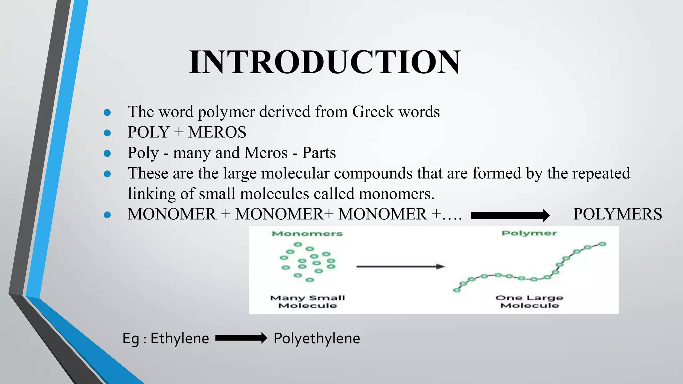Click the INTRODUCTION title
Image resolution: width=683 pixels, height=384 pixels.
[x=325, y=62]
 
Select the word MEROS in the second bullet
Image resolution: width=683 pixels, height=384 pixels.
[x=217, y=132]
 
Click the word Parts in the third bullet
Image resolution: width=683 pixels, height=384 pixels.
[x=319, y=153]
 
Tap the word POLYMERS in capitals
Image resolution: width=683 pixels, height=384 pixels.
[x=618, y=214]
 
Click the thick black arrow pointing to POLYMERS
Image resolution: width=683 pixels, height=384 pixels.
[x=510, y=216]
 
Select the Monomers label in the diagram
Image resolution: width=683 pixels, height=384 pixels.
[x=307, y=234]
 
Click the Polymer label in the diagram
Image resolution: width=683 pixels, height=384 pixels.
[x=529, y=233]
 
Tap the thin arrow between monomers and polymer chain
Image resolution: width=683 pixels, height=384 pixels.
[x=401, y=267]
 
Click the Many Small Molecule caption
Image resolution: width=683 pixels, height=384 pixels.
[x=307, y=302]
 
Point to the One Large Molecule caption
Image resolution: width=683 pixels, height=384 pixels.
[x=529, y=302]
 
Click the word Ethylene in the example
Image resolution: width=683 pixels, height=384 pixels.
[x=180, y=339]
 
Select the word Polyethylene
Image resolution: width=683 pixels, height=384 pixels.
[x=317, y=339]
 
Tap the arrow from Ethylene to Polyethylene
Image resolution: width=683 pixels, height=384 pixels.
[x=241, y=338]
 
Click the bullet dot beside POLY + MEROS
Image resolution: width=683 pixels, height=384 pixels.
[x=107, y=133]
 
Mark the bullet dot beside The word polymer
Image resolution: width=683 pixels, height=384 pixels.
[x=107, y=113]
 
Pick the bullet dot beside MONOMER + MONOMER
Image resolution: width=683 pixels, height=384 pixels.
[x=107, y=215]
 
